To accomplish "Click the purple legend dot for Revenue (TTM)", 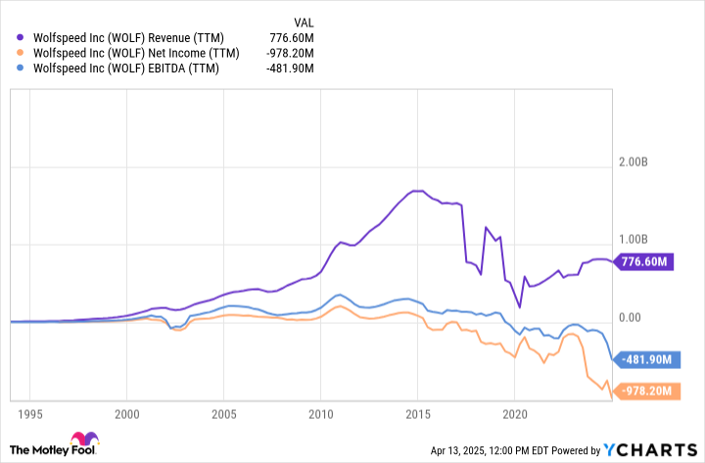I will pos(22,38).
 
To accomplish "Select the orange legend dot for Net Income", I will pos(22,54).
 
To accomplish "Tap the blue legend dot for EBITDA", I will pos(22,69).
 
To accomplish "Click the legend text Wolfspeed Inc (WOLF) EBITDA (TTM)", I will pos(125,69).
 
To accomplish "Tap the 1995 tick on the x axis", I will pos(30,414).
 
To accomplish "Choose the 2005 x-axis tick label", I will pos(224,414).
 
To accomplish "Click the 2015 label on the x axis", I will pos(418,414).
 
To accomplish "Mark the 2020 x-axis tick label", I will pos(515,414).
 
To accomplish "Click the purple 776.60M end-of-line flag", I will pos(647,262).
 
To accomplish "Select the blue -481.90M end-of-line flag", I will pos(647,359).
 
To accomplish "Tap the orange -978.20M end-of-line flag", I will pos(647,392).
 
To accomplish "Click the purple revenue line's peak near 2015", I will pos(416,190).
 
